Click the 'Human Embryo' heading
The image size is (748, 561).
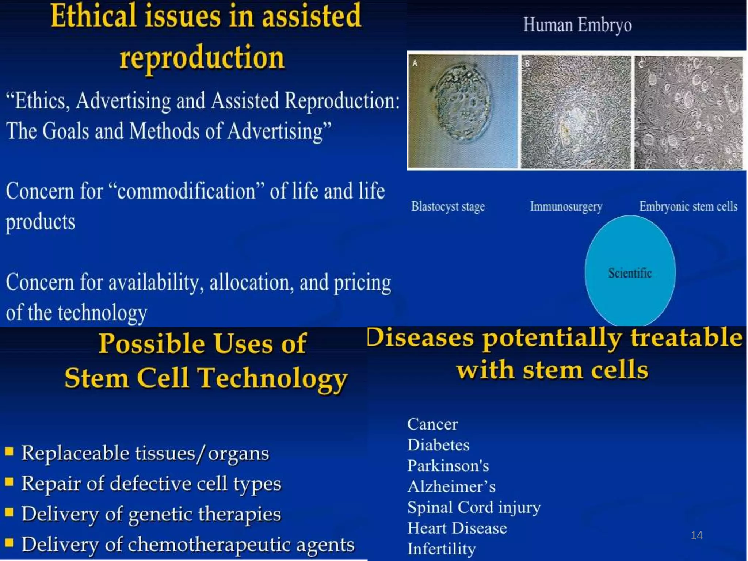(577, 25)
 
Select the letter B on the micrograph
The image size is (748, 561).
(527, 63)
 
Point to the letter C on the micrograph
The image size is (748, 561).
(641, 64)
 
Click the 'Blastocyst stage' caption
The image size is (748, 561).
(448, 207)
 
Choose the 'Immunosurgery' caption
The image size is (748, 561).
(566, 207)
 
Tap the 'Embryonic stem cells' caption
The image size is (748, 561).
(688, 207)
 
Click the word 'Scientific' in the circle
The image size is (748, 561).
(630, 273)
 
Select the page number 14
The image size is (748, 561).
(697, 535)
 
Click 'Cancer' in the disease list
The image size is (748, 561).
(432, 424)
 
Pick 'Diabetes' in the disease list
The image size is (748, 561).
(438, 445)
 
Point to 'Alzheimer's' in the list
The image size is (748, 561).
(451, 487)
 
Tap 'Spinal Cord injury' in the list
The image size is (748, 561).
(474, 508)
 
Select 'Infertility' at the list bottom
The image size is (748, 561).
(441, 549)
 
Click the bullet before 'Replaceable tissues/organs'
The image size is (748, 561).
(9, 452)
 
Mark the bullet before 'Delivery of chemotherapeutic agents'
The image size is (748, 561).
(9, 543)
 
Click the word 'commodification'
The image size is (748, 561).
(186, 191)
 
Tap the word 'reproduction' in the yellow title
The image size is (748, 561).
(202, 58)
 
